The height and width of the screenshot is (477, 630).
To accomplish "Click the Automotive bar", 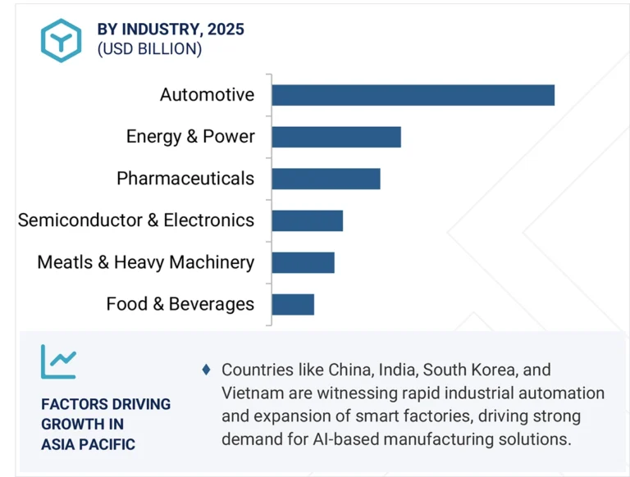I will [x=413, y=95].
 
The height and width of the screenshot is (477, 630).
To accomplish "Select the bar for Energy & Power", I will [x=336, y=137].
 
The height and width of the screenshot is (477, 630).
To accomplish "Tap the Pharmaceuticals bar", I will [x=326, y=179].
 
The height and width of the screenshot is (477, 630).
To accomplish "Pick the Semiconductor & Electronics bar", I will [x=307, y=220].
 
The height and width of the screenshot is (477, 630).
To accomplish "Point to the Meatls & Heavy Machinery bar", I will [x=303, y=262].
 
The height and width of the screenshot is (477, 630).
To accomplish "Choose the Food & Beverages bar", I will [x=293, y=304].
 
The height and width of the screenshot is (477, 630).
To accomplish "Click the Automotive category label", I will [x=207, y=95].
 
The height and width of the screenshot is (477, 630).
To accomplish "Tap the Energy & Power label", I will [x=190, y=137].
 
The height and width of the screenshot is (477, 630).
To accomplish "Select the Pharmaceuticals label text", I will [x=185, y=179].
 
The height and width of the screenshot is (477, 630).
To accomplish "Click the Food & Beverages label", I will [x=180, y=304].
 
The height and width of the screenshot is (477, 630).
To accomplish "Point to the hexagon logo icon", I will [x=61, y=40].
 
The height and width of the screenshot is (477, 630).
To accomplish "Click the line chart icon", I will [x=58, y=361].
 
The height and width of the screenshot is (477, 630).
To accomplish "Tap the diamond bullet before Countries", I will [x=206, y=370].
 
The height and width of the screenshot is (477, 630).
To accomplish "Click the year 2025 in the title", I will [x=226, y=30].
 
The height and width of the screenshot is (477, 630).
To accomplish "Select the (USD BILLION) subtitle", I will [x=149, y=49].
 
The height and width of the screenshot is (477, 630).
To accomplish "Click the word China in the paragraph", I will [x=351, y=370].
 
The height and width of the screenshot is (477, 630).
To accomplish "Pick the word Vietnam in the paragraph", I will [x=250, y=393].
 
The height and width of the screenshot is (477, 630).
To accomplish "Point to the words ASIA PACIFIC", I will [x=88, y=444].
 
